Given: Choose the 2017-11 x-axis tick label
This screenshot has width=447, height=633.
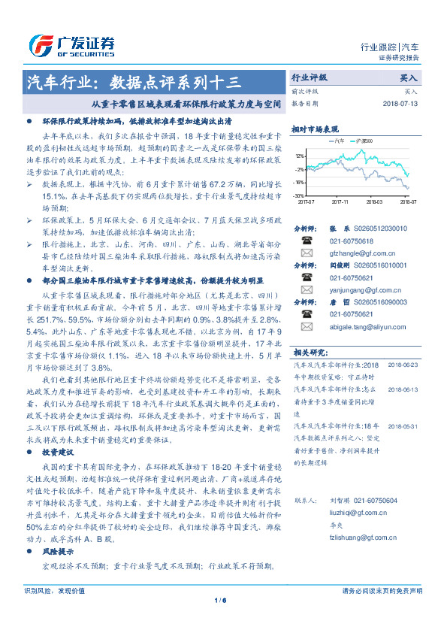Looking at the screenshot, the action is click(x=340, y=201).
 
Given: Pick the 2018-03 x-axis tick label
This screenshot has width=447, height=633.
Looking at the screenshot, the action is click(x=374, y=201).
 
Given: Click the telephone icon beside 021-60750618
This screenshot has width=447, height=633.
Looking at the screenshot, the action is click(x=307, y=241).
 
